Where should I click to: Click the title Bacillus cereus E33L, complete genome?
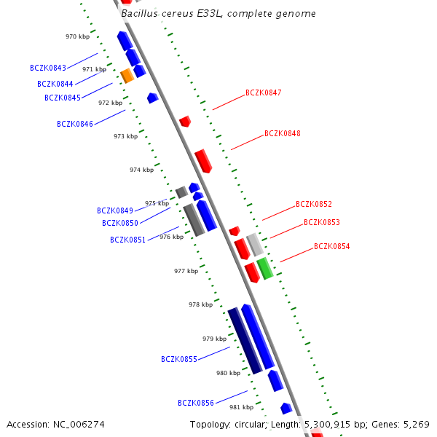tap(219, 13)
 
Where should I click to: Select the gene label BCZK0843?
tap(48, 68)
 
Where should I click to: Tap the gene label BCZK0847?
tap(263, 92)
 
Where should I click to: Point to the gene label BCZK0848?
tap(282, 133)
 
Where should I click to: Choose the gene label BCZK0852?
tap(313, 204)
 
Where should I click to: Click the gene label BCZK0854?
tap(331, 246)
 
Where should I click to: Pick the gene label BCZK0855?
tap(179, 359)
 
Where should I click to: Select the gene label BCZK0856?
tap(196, 403)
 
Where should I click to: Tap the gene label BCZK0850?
tap(120, 224)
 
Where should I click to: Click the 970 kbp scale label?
tap(77, 36)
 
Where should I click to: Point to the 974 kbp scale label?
tap(141, 170)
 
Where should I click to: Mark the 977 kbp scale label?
tap(186, 271)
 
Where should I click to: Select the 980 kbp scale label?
tap(228, 373)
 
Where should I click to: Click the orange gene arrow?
tap(127, 75)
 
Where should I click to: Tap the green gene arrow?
tap(264, 268)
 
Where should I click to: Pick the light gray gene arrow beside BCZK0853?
tap(254, 244)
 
